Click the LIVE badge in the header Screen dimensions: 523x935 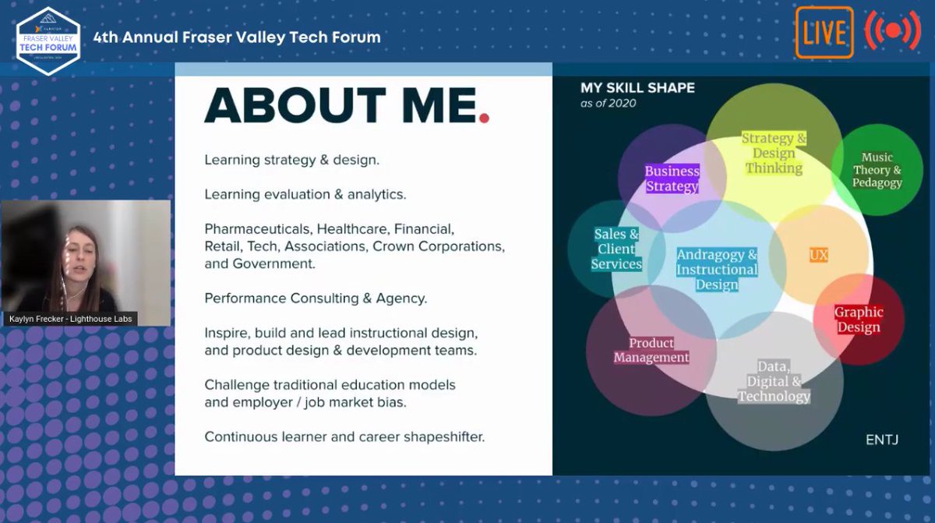tap(824, 33)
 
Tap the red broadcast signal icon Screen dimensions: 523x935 tap(893, 31)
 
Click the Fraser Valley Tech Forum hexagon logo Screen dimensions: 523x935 tap(48, 39)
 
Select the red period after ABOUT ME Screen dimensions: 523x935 tap(484, 118)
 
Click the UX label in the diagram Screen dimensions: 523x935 tap(818, 255)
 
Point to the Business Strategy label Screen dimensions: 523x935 tap(672, 178)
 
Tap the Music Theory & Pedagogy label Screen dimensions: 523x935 tap(877, 170)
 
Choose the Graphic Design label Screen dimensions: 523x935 tap(859, 320)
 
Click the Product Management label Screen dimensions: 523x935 tap(651, 350)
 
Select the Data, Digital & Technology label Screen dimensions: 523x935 tap(774, 381)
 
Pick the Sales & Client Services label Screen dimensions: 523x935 tap(616, 249)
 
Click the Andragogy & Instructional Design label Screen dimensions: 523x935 tap(717, 270)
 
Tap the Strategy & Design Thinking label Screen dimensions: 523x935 tap(773, 153)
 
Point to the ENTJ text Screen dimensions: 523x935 tap(882, 440)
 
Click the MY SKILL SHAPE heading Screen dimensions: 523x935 tap(637, 88)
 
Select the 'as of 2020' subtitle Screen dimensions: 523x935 tap(608, 103)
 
